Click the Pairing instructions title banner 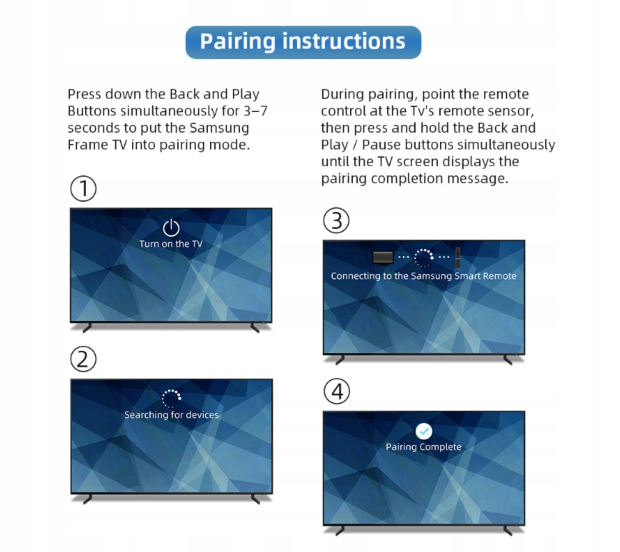pyautogui.click(x=304, y=42)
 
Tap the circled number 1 pyautogui.click(x=84, y=189)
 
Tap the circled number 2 pyautogui.click(x=84, y=359)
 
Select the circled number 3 pyautogui.click(x=336, y=220)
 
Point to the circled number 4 pyautogui.click(x=337, y=392)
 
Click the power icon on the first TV pyautogui.click(x=171, y=228)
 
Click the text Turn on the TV pyautogui.click(x=171, y=244)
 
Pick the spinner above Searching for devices pyautogui.click(x=171, y=399)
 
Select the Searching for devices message pyautogui.click(x=171, y=415)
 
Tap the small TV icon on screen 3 pyautogui.click(x=383, y=258)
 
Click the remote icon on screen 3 pyautogui.click(x=459, y=257)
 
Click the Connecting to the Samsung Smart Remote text pyautogui.click(x=424, y=276)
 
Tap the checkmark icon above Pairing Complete pyautogui.click(x=424, y=431)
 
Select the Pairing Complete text pyautogui.click(x=424, y=447)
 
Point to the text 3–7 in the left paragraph pyautogui.click(x=256, y=111)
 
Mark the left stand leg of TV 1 pyautogui.click(x=87, y=328)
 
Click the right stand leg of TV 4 pyautogui.click(x=508, y=531)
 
